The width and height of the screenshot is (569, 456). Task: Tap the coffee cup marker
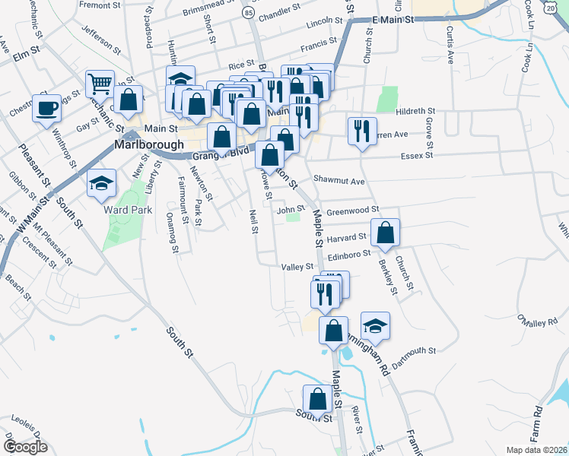46,107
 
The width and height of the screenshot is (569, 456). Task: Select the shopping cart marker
100,83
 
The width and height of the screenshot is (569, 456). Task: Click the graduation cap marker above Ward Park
101,182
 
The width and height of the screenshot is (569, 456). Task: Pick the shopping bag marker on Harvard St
386,233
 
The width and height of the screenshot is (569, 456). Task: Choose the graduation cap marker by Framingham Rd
375,325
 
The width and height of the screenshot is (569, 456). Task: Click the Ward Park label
129,210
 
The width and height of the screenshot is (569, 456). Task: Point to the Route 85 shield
250,13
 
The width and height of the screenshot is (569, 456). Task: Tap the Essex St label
416,155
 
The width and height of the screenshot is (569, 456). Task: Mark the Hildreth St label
415,111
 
